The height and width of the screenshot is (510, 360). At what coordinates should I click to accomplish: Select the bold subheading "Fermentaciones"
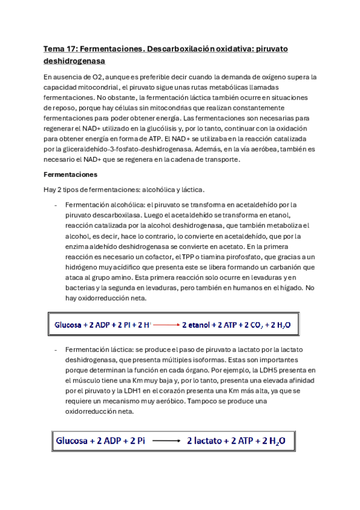(71, 174)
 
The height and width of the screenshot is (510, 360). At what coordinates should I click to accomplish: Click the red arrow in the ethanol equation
(163, 324)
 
